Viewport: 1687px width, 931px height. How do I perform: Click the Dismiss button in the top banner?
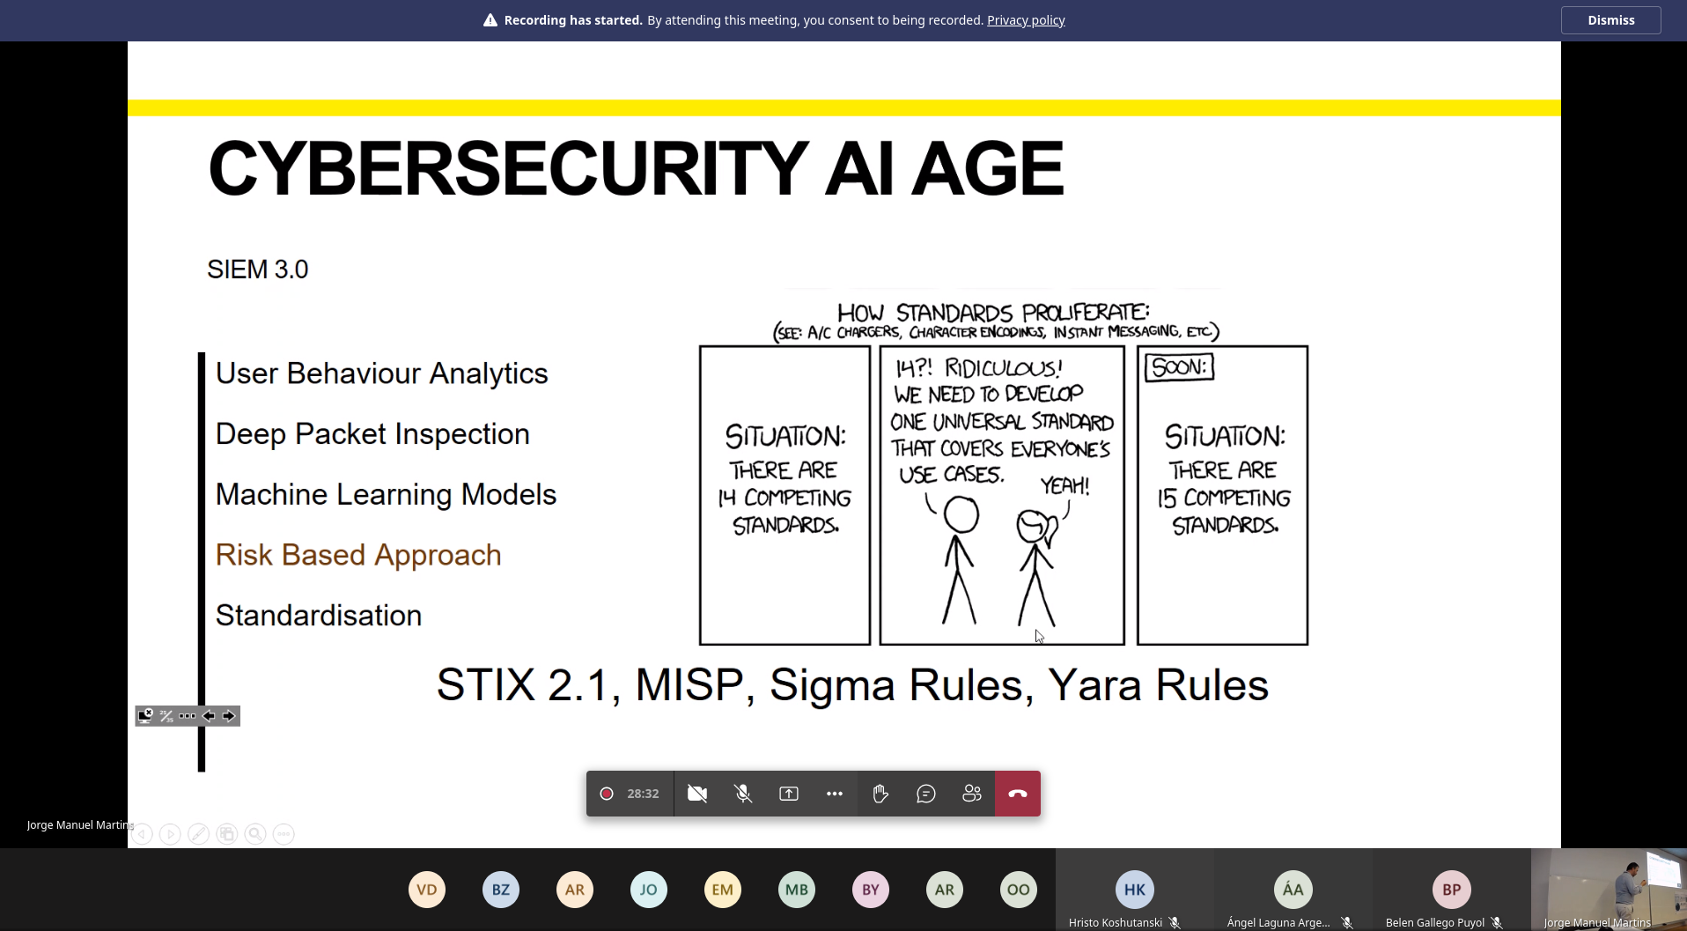click(x=1610, y=20)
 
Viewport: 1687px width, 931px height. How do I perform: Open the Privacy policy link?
click(x=1026, y=20)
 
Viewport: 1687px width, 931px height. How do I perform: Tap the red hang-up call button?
click(x=1018, y=794)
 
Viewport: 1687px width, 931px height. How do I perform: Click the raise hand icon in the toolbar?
click(x=880, y=794)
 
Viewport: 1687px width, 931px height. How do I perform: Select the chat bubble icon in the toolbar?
click(x=926, y=794)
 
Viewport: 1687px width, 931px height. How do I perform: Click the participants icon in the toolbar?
click(x=972, y=794)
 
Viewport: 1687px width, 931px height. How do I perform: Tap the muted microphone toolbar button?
click(x=743, y=794)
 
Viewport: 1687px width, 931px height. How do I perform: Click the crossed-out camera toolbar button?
click(x=697, y=794)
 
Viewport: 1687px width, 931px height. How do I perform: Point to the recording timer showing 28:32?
click(x=643, y=794)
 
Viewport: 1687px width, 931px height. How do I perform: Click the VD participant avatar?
click(x=427, y=890)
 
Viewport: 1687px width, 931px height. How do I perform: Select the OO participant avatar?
click(x=1019, y=890)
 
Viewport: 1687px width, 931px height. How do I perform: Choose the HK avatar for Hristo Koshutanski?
click(x=1135, y=890)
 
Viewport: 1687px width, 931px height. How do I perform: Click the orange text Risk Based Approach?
click(x=358, y=555)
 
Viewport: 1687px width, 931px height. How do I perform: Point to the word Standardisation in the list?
click(x=319, y=615)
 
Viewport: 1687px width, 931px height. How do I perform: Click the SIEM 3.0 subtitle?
click(x=258, y=270)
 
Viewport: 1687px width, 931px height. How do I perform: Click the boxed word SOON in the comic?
click(x=1180, y=366)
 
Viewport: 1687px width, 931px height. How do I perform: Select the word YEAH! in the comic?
click(x=1065, y=485)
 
